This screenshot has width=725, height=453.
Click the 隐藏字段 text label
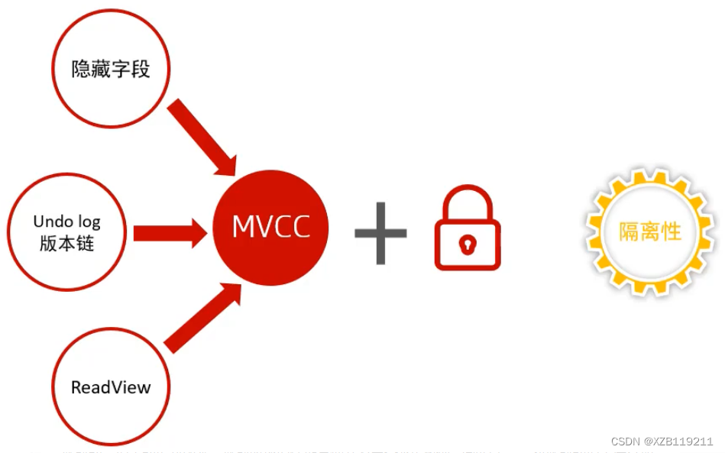pos(111,70)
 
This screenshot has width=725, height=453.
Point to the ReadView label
pos(111,387)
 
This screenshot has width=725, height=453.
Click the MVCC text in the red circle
pos(271,228)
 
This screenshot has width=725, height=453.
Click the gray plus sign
pos(380,232)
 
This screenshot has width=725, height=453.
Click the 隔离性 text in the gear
pos(649,231)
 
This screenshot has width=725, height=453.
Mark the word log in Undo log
pos(88,222)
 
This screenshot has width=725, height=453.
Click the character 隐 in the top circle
pos(82,70)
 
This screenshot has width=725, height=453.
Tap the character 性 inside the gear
pos(671,231)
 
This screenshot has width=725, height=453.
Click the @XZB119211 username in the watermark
pos(678,442)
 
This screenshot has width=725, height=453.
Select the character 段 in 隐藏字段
pos(140,70)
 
